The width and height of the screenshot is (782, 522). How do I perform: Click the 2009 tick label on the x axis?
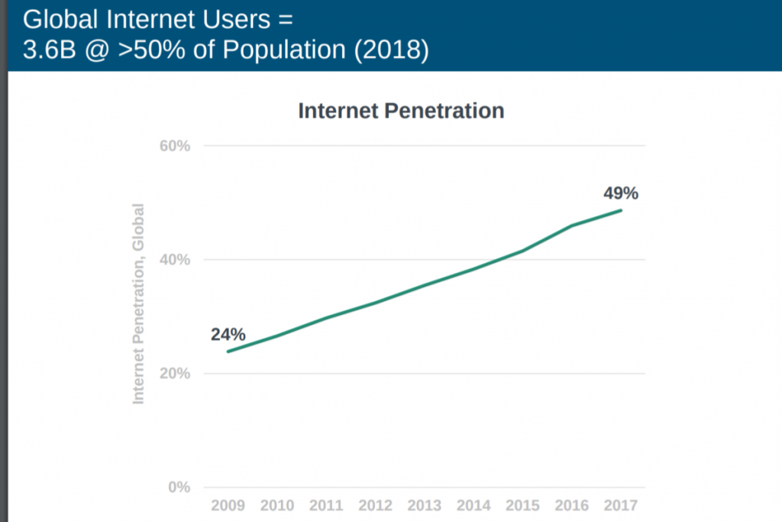coord(228,506)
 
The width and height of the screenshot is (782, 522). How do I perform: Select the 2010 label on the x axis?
coord(277,506)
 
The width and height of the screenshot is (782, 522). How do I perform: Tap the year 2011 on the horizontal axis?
coord(326,506)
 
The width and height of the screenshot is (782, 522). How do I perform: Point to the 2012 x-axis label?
coord(376,506)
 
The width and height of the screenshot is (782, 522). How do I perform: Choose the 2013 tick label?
coord(425,506)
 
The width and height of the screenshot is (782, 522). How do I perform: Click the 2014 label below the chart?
coord(474,506)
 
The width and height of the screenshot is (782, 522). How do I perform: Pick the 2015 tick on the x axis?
coord(523,506)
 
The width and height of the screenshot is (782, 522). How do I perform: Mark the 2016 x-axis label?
coord(572,506)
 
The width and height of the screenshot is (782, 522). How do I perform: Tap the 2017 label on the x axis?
coord(620,506)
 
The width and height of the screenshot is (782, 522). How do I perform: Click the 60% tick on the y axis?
coord(175,145)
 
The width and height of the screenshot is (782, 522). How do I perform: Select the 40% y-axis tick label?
coord(175,260)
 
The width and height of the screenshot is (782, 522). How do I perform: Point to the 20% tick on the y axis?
coord(175,374)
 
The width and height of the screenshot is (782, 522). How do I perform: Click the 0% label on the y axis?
coord(179,488)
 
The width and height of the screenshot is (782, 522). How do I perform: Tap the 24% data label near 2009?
coord(228,335)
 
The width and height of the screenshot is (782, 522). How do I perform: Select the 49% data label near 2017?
coord(620,194)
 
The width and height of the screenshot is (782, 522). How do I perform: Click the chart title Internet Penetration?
coord(401,111)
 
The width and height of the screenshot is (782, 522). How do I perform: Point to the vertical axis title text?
coord(138,303)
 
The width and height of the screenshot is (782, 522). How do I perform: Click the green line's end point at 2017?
coord(621,210)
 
